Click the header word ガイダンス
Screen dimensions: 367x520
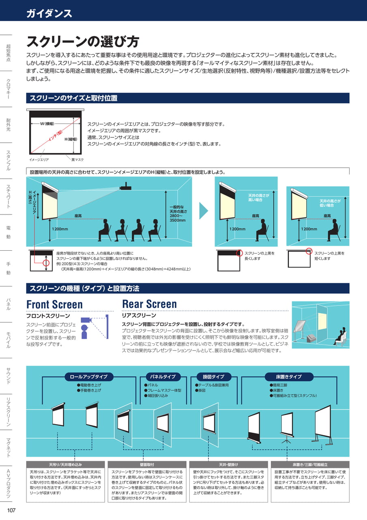[x=49, y=13]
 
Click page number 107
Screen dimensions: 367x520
[x=11, y=510]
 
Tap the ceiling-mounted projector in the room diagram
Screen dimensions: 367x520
[x=126, y=186]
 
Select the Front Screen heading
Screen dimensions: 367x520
[x=54, y=304]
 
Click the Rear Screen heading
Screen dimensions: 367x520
[x=150, y=304]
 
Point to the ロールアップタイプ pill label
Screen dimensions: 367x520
[x=88, y=377]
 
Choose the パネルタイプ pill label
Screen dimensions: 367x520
[x=163, y=377]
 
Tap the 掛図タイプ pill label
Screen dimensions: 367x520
[x=214, y=377]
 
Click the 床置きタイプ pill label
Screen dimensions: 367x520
[x=289, y=377]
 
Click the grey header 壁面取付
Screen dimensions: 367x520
[x=147, y=464]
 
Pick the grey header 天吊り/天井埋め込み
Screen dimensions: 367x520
[x=65, y=464]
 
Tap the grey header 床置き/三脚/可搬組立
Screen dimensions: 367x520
[x=310, y=464]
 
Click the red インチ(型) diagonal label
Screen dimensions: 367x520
[x=56, y=136]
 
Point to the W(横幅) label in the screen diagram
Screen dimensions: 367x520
[x=47, y=124]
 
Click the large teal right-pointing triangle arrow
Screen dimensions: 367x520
[x=204, y=210]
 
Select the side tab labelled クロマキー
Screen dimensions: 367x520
[x=9, y=89]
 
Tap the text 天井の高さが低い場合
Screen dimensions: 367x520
[x=330, y=203]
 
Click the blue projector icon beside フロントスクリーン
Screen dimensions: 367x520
[x=86, y=320]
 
